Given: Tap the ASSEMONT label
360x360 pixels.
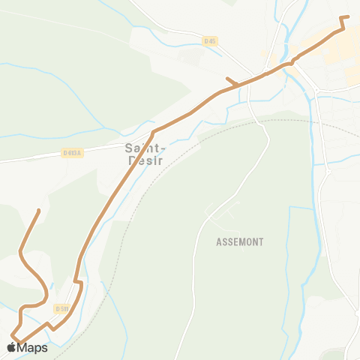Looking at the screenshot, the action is click(239, 242).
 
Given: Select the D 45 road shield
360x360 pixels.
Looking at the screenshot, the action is click(210, 41).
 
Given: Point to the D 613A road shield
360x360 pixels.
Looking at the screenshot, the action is click(72, 153).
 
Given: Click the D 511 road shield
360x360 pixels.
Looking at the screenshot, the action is click(61, 308).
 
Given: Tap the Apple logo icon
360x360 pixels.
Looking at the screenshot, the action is click(11, 347).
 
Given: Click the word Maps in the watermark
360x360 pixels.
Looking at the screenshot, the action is click(32, 347).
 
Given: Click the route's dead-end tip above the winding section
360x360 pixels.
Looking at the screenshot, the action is click(39, 210).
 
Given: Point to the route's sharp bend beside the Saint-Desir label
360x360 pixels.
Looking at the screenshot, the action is click(153, 133).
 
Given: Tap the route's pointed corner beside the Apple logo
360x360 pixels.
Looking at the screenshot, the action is click(12, 334).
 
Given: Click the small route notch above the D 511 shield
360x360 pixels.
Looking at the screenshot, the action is click(78, 283).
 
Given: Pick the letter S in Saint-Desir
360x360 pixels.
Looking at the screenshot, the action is click(127, 148).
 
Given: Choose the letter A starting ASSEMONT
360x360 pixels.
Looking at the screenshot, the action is click(218, 242).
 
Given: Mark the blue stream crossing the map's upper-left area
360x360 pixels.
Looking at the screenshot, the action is click(45, 72).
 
